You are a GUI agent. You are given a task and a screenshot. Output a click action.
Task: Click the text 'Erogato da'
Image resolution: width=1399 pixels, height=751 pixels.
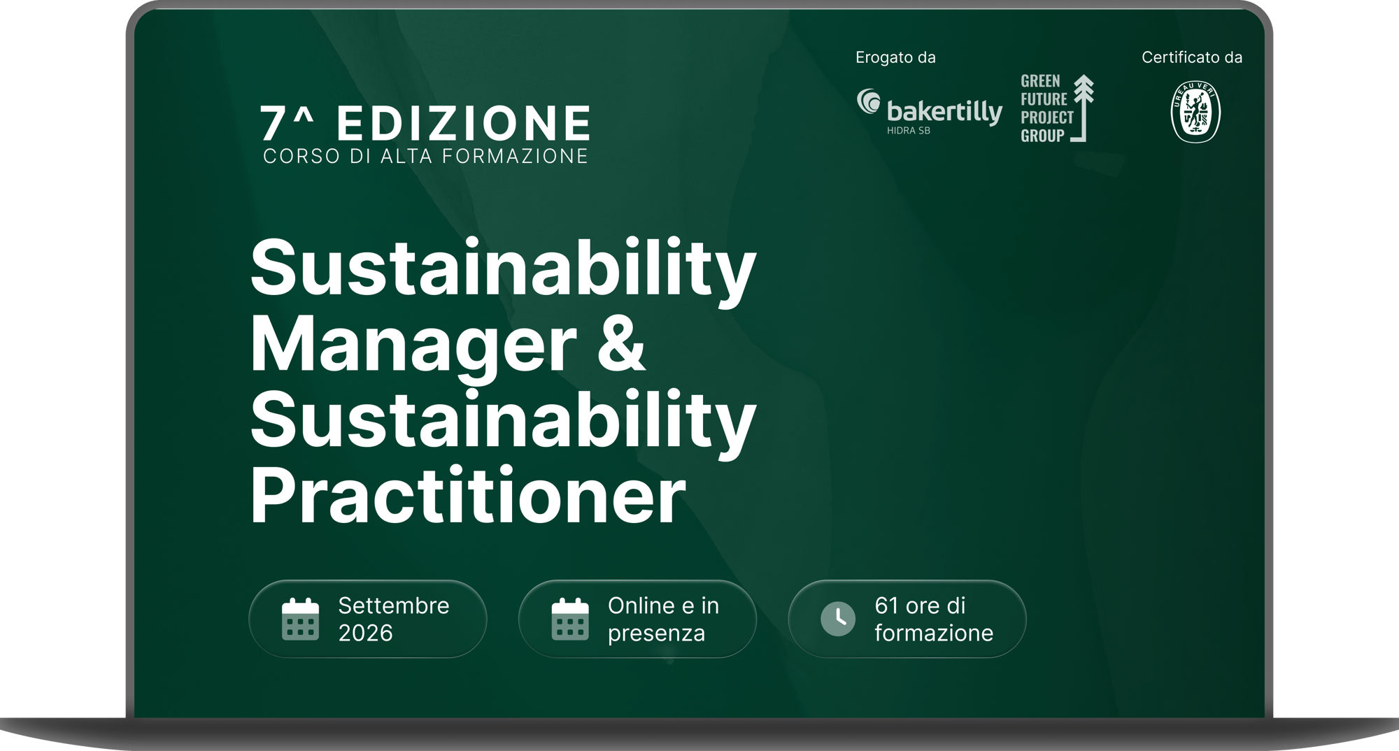click(x=895, y=57)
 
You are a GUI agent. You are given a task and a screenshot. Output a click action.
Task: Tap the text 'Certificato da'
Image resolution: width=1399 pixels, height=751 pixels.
click(x=1192, y=57)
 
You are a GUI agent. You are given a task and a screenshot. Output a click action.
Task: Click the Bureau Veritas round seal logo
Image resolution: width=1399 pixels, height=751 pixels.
click(x=1195, y=112)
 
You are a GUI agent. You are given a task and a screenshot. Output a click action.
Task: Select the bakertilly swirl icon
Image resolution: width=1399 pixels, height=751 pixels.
click(x=869, y=101)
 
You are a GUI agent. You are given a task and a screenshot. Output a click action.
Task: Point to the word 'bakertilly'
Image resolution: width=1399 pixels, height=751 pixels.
click(x=944, y=112)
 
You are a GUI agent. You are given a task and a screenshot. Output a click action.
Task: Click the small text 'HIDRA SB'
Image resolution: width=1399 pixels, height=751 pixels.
click(x=908, y=131)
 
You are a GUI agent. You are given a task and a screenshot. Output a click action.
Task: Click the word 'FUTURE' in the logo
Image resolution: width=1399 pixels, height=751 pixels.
click(x=1044, y=99)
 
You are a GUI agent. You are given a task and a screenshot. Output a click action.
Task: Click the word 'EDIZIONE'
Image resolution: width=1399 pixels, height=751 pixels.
click(x=464, y=124)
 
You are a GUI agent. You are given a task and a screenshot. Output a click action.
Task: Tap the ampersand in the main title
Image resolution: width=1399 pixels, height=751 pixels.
click(x=620, y=343)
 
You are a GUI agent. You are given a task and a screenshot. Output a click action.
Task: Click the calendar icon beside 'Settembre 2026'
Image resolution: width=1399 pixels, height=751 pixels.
click(x=300, y=620)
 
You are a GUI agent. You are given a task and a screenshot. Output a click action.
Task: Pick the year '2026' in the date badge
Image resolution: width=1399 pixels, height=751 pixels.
click(x=365, y=633)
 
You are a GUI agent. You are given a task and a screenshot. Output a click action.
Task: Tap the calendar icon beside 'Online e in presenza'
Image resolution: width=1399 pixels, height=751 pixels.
click(x=570, y=620)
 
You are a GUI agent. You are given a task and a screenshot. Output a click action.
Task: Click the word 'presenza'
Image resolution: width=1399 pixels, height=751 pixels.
click(x=656, y=633)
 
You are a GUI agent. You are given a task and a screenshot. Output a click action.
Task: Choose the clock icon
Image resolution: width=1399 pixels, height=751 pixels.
click(x=838, y=619)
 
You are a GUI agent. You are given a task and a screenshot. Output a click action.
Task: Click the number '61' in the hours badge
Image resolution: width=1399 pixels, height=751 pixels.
click(x=887, y=606)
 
